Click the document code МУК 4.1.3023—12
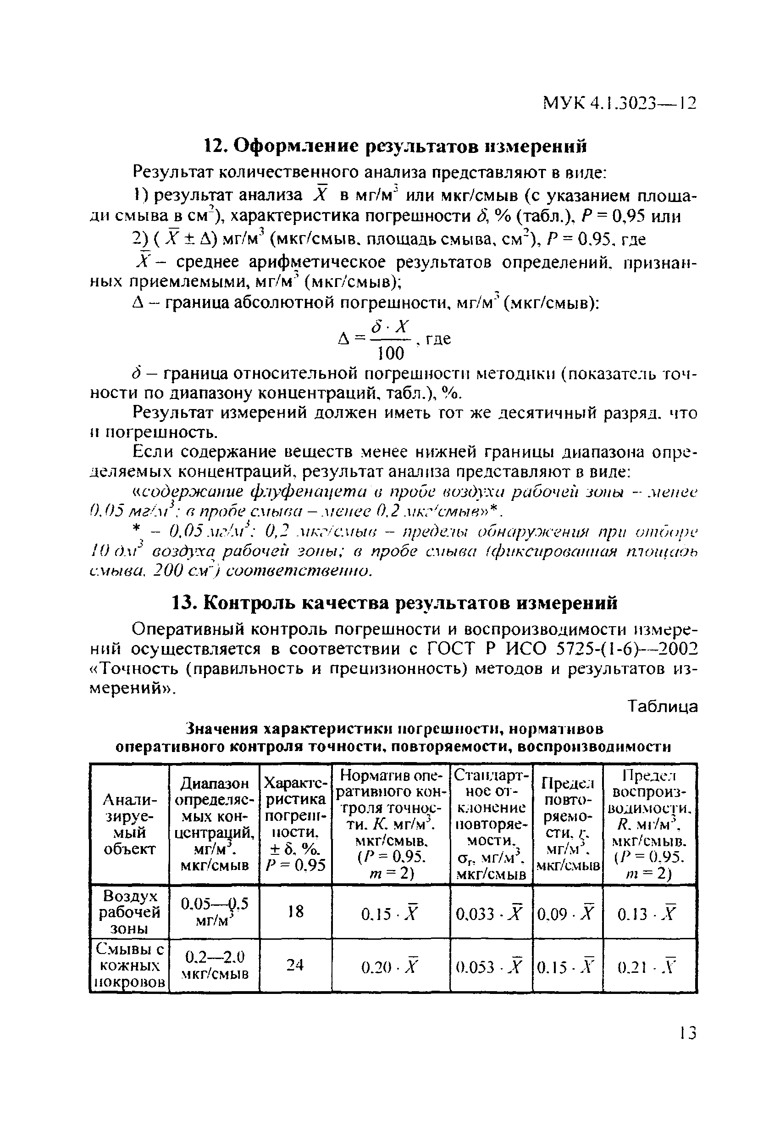(619, 104)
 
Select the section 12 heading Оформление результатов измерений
(395, 146)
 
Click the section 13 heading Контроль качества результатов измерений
(395, 603)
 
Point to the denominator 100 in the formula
(391, 353)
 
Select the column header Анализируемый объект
(129, 824)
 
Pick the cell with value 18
(295, 911)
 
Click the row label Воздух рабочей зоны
(129, 912)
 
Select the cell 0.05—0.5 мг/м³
(214, 912)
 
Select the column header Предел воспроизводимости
(649, 824)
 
